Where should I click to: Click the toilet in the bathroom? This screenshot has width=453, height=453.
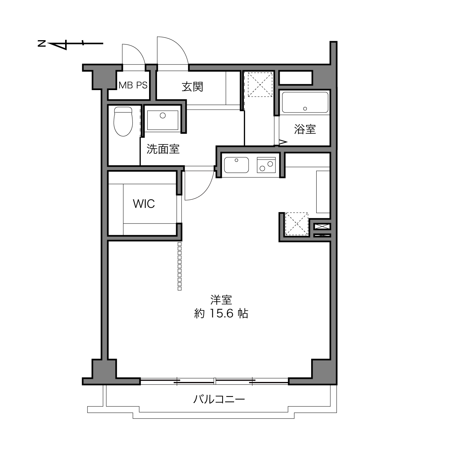pyautogui.click(x=123, y=122)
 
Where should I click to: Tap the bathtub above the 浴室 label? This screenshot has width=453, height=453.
pyautogui.click(x=305, y=102)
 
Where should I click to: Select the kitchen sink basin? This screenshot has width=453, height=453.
pyautogui.click(x=236, y=165)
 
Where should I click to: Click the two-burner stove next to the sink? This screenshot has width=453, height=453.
pyautogui.click(x=266, y=165)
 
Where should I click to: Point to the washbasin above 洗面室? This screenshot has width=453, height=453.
pyautogui.click(x=163, y=120)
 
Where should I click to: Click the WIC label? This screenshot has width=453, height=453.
pyautogui.click(x=144, y=204)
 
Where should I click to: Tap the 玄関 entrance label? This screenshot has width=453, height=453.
pyautogui.click(x=192, y=87)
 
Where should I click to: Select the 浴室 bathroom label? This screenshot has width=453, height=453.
pyautogui.click(x=305, y=129)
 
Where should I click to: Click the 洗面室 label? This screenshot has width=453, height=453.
pyautogui.click(x=163, y=149)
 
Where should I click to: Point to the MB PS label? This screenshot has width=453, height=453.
pyautogui.click(x=133, y=85)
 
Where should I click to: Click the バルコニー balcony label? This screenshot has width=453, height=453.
pyautogui.click(x=219, y=399)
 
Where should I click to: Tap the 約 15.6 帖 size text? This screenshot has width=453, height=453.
pyautogui.click(x=221, y=313)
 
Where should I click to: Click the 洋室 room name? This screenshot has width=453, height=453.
pyautogui.click(x=221, y=300)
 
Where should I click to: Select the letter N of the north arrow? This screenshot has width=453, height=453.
pyautogui.click(x=42, y=43)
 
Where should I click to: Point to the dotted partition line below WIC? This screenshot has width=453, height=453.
pyautogui.click(x=179, y=266)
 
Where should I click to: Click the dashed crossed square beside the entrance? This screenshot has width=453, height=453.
pyautogui.click(x=260, y=85)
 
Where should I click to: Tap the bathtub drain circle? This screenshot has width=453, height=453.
pyautogui.click(x=305, y=109)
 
